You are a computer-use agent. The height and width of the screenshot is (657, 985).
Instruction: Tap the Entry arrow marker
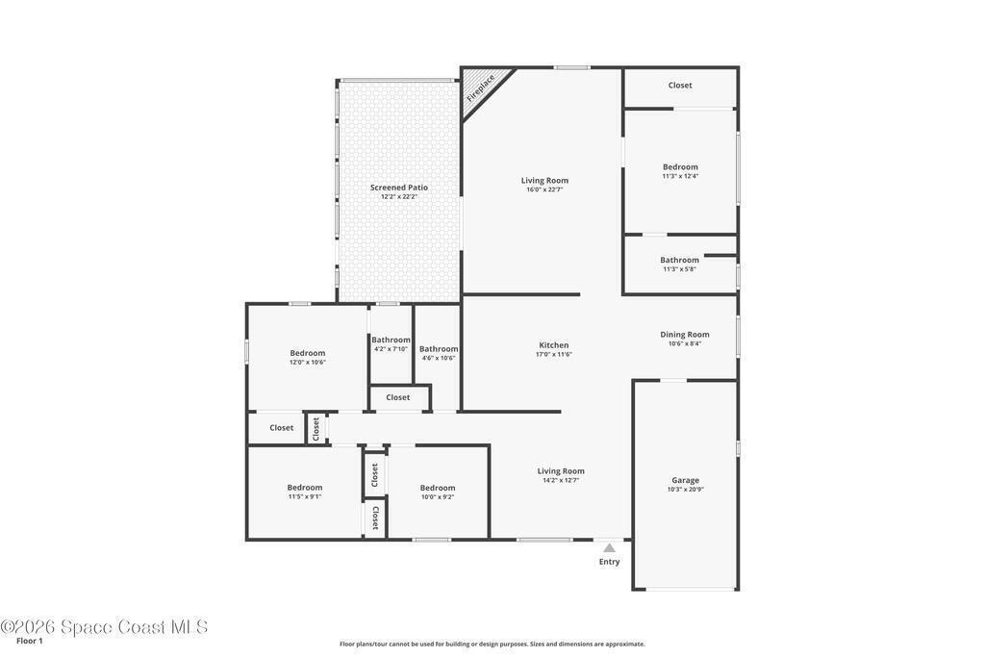(x=609, y=547)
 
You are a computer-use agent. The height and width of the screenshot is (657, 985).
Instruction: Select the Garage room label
(x=685, y=481)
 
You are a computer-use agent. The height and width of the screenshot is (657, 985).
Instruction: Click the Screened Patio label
(x=399, y=188)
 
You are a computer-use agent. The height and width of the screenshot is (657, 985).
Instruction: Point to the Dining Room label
(x=685, y=335)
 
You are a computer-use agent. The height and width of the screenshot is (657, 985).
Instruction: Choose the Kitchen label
(x=554, y=344)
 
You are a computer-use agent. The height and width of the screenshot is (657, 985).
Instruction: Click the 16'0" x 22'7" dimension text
(x=544, y=190)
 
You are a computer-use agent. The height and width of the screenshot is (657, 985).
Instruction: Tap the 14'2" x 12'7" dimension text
(x=561, y=480)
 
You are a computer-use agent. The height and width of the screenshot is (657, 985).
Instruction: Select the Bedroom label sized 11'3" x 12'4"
(x=680, y=167)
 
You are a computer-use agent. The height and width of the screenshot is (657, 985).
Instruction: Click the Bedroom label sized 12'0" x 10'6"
(x=307, y=353)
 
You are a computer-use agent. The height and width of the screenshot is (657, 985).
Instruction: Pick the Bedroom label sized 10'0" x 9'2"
(x=438, y=488)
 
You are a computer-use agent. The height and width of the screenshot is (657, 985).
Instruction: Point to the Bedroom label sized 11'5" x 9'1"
(x=305, y=488)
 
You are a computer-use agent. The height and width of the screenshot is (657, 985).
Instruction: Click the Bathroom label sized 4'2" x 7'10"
(x=391, y=340)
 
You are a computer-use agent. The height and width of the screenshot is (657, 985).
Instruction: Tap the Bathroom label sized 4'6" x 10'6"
(x=439, y=349)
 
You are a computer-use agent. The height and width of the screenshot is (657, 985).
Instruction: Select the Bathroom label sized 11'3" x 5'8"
(x=680, y=260)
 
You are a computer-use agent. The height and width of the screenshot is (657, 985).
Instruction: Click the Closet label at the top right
(x=680, y=86)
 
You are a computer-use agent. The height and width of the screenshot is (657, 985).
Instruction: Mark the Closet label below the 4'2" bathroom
(x=398, y=397)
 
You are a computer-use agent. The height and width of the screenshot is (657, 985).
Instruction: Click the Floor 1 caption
(x=30, y=642)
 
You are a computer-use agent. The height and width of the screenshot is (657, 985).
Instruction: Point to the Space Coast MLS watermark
(x=104, y=627)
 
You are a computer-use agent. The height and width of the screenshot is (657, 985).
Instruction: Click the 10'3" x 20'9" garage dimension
(x=685, y=490)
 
